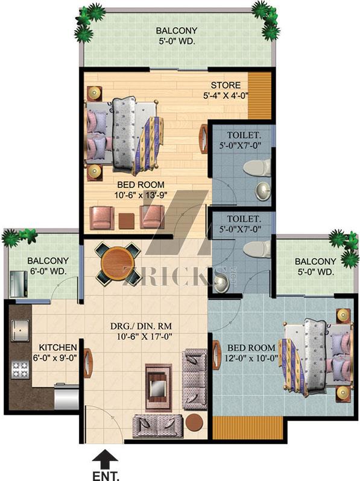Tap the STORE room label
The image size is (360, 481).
pyautogui.click(x=226, y=85)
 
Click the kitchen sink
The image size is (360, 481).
pyautogui.click(x=21, y=330)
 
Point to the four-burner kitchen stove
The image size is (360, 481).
pyautogui.click(x=21, y=370)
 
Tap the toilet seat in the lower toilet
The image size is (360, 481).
pyautogui.click(x=257, y=248)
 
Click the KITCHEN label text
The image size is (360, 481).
pyautogui.click(x=58, y=347)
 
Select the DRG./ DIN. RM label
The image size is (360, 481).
pyautogui.click(x=141, y=326)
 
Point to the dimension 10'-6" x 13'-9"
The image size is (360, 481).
pyautogui.click(x=142, y=195)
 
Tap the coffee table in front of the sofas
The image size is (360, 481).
pyautogui.click(x=157, y=388)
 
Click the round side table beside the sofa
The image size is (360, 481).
pyautogui.click(x=195, y=423)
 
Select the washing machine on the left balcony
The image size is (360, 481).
pyautogui.click(x=19, y=284)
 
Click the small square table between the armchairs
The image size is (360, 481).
pyautogui.click(x=127, y=221)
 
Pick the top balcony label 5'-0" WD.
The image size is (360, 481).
pyautogui.click(x=177, y=42)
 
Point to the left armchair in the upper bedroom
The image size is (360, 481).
pyautogui.click(x=101, y=218)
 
